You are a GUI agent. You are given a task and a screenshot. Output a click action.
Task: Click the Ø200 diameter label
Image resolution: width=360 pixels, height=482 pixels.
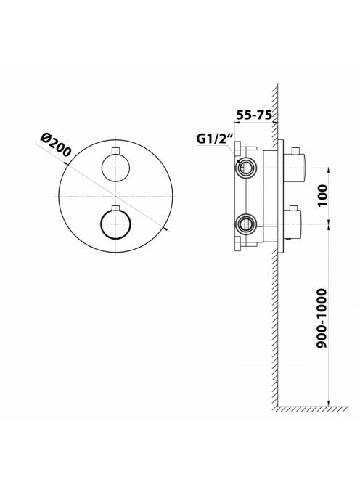pyautogui.click(x=57, y=145)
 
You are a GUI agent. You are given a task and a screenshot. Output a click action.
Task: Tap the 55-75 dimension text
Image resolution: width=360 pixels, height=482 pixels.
pyautogui.click(x=254, y=115)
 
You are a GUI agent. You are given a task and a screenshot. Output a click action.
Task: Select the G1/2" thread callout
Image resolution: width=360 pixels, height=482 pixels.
pyautogui.click(x=215, y=139)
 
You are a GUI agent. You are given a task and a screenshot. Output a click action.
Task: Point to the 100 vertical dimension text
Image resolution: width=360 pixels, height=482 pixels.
pyautogui.click(x=322, y=196)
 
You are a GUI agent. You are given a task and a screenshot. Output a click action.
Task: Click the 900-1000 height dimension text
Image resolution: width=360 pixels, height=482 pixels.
pyautogui.click(x=322, y=318)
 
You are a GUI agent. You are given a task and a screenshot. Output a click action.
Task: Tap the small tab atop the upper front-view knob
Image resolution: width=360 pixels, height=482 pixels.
pyautogui.click(x=115, y=150)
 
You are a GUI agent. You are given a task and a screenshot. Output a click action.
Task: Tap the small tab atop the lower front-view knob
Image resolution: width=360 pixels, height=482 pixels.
pyautogui.click(x=115, y=208)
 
